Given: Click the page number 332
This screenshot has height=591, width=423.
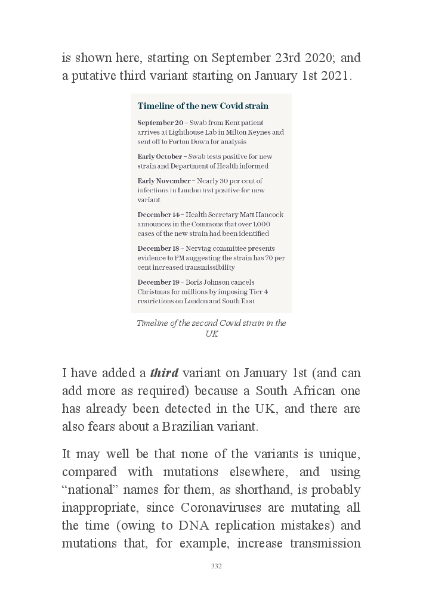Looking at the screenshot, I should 217,566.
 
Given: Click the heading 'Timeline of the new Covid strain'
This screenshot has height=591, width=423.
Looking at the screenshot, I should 203,106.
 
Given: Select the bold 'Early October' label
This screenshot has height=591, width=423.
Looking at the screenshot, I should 160,157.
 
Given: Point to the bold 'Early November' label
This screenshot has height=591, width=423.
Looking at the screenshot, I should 164,181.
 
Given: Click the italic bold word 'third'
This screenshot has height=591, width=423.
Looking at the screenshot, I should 164,374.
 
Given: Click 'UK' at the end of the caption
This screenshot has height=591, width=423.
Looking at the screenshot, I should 211,334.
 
